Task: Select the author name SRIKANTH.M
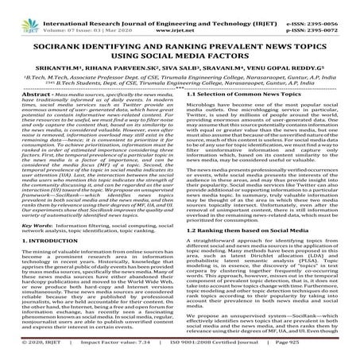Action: pos(83,67)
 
